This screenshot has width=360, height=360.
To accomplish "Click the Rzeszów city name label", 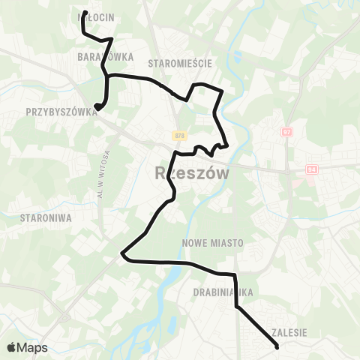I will (x=191, y=173).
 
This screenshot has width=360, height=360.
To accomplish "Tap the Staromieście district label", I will (x=181, y=63).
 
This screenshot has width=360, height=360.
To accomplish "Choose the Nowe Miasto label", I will (x=209, y=243).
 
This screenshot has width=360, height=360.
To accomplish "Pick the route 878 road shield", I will (x=178, y=136).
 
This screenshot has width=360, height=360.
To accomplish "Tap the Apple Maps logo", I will (x=27, y=347).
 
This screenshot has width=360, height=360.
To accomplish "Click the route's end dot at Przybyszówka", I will (x=97, y=107).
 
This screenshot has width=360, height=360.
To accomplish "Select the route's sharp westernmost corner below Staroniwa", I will (x=121, y=255).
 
